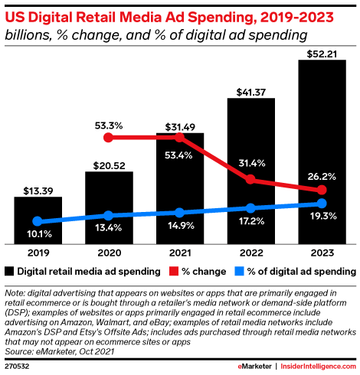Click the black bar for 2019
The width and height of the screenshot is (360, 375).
tap(38, 220)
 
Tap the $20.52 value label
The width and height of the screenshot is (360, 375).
tap(109, 164)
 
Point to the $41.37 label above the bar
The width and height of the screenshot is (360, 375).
tap(250, 91)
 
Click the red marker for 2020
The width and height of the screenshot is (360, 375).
tap(109, 138)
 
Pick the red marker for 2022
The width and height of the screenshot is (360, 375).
tap(250, 180)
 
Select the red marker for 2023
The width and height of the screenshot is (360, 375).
tap(322, 190)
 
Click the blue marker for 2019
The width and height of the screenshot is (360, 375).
tap(38, 222)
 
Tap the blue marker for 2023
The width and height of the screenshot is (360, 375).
tap(322, 204)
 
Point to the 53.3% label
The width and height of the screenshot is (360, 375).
tap(109, 124)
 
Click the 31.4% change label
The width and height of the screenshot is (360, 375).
tap(250, 162)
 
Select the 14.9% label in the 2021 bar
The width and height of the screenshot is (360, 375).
tap(179, 227)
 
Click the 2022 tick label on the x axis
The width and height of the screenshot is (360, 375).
tap(250, 251)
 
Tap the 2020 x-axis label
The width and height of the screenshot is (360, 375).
tap(109, 251)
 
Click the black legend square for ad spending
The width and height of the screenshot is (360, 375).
tap(9, 270)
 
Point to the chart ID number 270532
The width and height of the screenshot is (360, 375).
tap(18, 367)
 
